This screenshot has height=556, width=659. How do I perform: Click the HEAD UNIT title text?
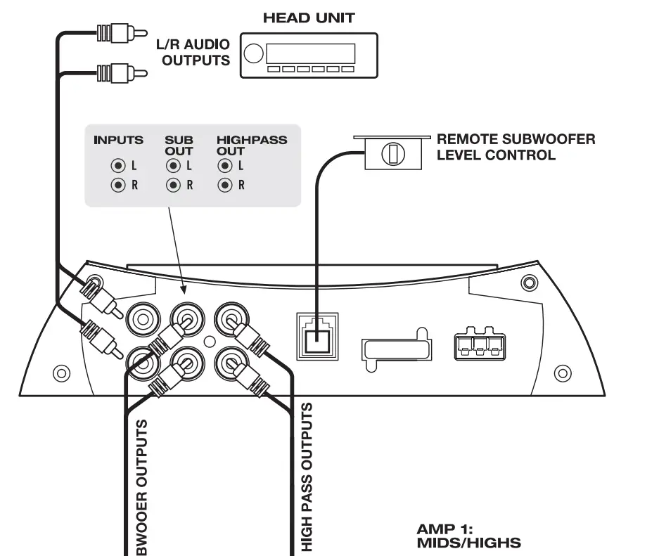309,18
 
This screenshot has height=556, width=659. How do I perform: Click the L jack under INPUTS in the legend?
117,167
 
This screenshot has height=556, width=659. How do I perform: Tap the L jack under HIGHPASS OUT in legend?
225,167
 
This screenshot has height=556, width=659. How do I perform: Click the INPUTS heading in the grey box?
118,141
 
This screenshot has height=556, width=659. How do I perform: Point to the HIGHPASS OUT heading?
251,145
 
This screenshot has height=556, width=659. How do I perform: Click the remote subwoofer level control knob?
392,153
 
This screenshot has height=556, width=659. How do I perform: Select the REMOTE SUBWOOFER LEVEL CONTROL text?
516,146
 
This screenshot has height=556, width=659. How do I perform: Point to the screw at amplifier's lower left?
61,372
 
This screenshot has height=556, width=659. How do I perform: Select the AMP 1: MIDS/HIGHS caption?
469,535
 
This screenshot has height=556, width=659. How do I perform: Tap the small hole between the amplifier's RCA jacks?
208,341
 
